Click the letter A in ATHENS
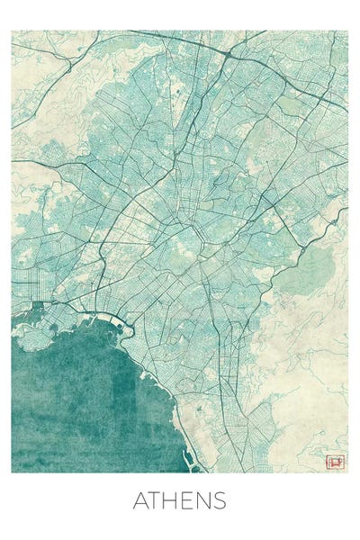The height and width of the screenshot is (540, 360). pyautogui.click(x=141, y=501)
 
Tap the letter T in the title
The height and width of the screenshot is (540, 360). pyautogui.click(x=156, y=501)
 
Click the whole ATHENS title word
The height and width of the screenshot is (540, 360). pyautogui.click(x=180, y=501)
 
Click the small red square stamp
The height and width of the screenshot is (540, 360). pyautogui.click(x=335, y=462)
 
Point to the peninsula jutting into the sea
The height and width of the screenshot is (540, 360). pyautogui.click(x=31, y=337)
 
